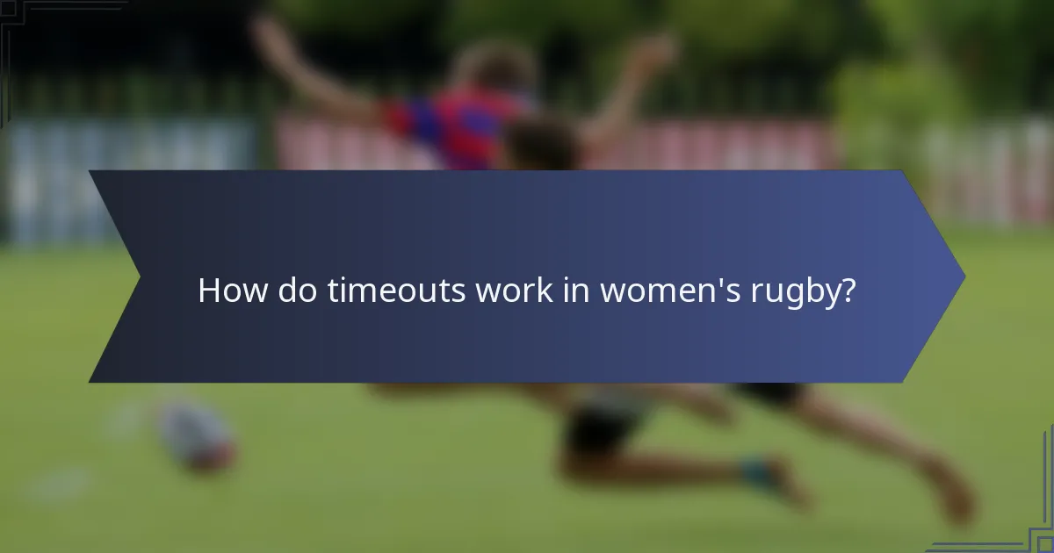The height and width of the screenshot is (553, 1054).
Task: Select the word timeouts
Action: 397,291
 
